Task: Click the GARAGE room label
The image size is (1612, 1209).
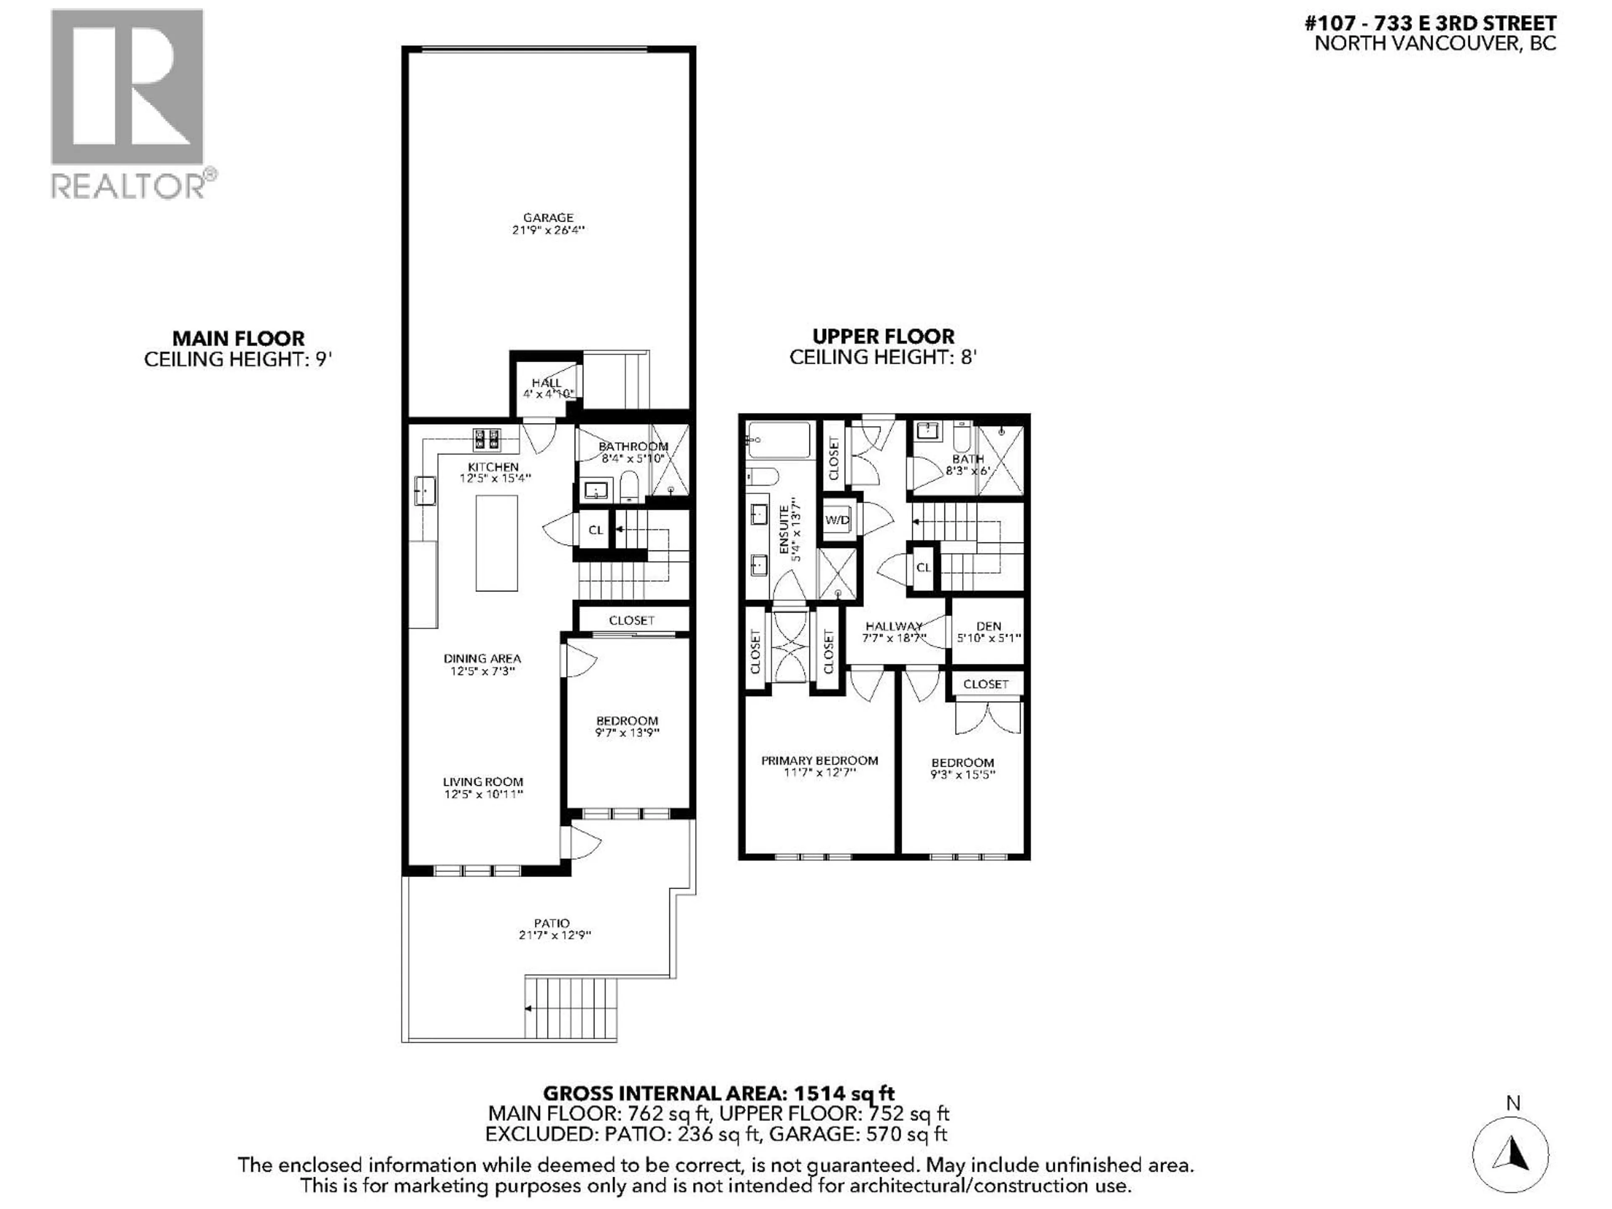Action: coord(548,217)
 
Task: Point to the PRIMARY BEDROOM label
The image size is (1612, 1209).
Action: coord(819,760)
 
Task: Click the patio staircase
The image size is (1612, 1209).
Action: coord(570,1008)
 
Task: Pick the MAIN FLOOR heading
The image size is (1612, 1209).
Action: coord(238,338)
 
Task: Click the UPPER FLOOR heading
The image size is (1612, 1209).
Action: coord(883,336)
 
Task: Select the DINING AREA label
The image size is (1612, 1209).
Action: coord(482,658)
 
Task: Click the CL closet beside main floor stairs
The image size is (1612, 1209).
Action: coord(595,530)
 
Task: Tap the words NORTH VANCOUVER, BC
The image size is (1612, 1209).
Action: coord(1435,43)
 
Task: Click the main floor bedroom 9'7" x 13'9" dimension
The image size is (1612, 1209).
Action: coord(627,733)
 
